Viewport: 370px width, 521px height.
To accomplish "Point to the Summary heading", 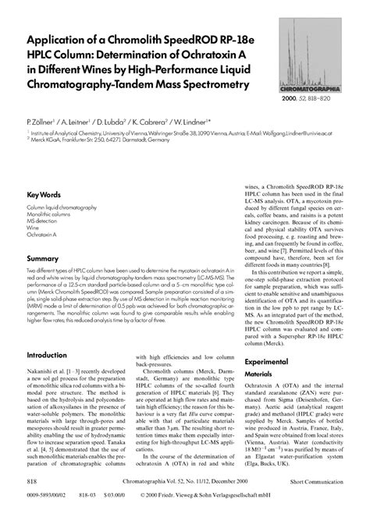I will pos(44,257).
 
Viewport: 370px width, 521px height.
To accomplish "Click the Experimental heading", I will pos(269,362).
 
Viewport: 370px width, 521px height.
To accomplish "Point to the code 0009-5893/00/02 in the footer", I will pos(44,495).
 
